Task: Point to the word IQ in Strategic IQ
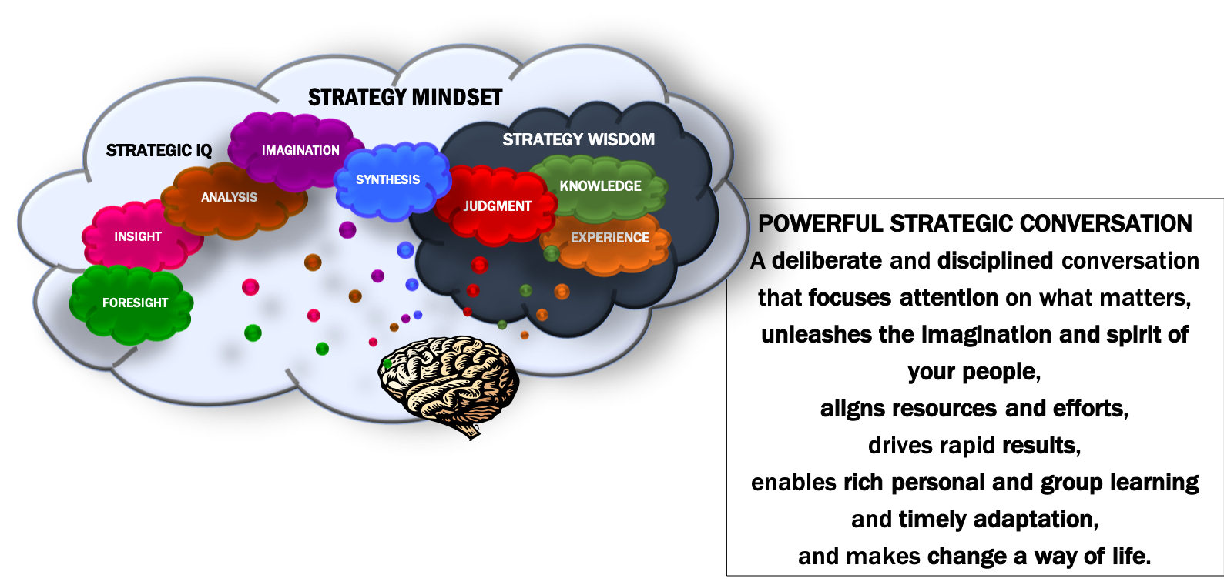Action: pos(203,151)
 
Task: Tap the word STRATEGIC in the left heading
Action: pos(149,151)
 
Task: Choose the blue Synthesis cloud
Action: pos(391,180)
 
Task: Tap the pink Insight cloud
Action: pos(139,237)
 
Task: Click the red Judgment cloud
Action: pos(497,206)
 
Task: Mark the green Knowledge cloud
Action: pos(600,186)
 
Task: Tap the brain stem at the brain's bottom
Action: pos(467,426)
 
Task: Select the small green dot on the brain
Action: pos(387,363)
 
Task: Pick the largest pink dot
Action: pos(250,287)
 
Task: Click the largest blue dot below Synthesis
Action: pos(405,250)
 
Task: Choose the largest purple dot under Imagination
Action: pos(347,229)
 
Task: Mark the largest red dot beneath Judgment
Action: pos(479,265)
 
